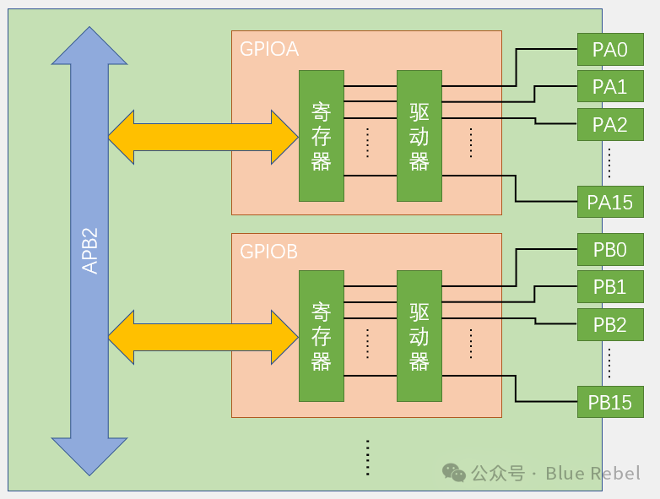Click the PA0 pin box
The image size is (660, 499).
(x=609, y=49)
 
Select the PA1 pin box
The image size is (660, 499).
(x=609, y=87)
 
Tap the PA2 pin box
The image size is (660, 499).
(x=609, y=125)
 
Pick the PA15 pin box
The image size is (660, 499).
(x=609, y=202)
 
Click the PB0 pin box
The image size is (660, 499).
(x=609, y=249)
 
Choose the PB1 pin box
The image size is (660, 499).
(x=609, y=287)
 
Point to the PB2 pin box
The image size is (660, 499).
(x=609, y=324)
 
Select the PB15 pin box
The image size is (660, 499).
(x=609, y=402)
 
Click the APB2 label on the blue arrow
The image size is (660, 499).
(x=90, y=250)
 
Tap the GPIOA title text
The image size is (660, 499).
(x=269, y=48)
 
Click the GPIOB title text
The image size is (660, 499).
(x=268, y=251)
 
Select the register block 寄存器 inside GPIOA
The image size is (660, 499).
(x=322, y=136)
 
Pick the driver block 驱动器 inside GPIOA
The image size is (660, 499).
(x=419, y=136)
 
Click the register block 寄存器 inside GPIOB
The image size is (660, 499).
(x=322, y=336)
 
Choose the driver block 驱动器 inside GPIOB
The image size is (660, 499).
(x=419, y=336)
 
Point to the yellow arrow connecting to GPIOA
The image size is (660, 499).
(x=203, y=136)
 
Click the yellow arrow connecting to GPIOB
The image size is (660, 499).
(x=203, y=337)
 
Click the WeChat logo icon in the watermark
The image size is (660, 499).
(x=454, y=473)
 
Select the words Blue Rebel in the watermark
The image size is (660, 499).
(x=592, y=473)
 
